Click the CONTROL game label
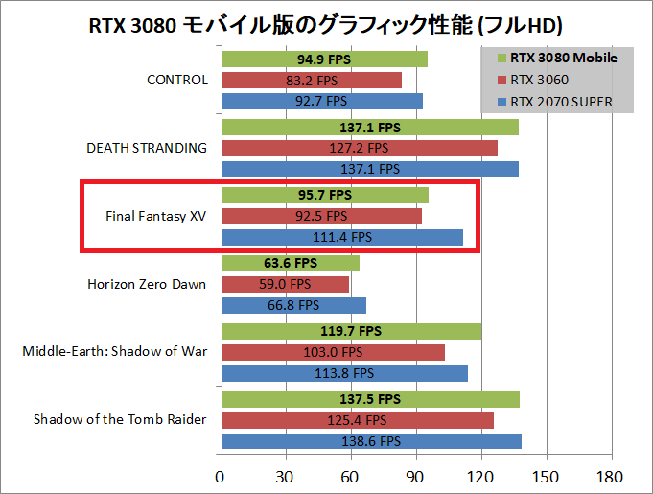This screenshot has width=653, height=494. pos(176,80)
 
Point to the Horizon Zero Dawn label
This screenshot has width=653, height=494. pos(147,284)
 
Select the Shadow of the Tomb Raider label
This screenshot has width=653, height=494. pos(120,420)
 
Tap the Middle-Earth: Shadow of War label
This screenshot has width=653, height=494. pos(114,351)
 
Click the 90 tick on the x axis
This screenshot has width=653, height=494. pos(415,477)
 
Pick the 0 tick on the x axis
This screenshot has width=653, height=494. pos(222,477)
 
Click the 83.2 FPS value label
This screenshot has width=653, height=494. pos(312,80)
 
